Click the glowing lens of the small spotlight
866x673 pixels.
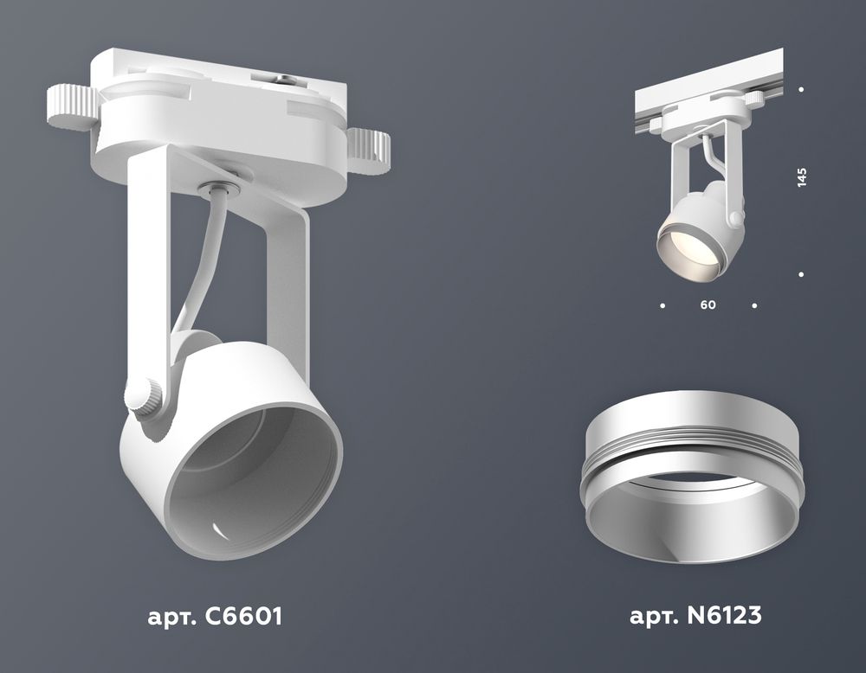683,247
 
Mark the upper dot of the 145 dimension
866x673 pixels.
802,89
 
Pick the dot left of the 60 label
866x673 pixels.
662,305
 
